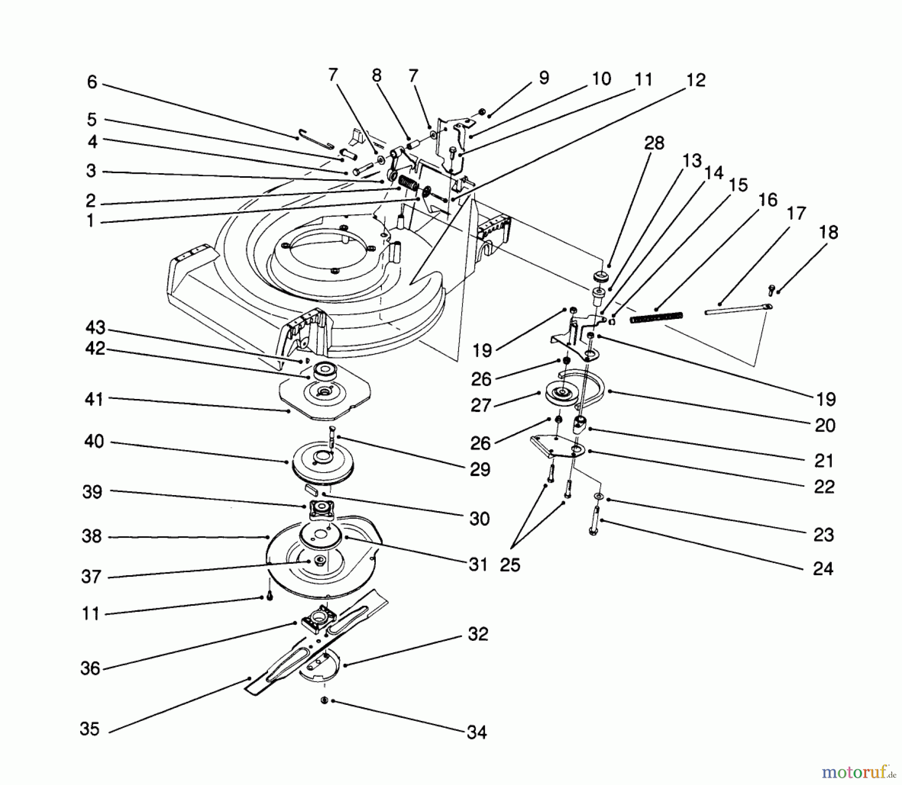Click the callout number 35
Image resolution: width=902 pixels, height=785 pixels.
(90, 728)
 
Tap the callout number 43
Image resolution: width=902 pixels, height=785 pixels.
(95, 328)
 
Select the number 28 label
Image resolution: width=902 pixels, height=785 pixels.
(654, 143)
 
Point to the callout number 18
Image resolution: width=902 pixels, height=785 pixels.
(828, 232)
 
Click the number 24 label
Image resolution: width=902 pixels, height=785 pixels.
(823, 569)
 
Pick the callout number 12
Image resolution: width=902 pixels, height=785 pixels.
(696, 80)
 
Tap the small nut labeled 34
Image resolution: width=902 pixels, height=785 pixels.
(325, 700)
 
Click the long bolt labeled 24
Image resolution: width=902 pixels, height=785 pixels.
(595, 521)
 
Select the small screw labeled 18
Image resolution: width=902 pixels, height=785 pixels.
(772, 289)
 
